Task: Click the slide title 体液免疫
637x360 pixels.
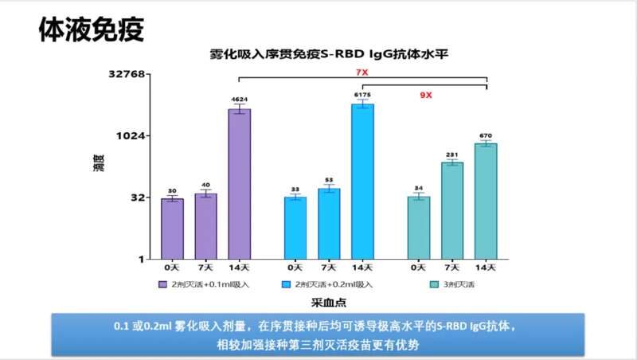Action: point(91,29)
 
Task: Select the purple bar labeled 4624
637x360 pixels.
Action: point(239,183)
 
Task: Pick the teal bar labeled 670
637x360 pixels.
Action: point(486,201)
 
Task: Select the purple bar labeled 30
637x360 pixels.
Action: point(172,229)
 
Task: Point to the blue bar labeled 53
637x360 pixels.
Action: point(329,223)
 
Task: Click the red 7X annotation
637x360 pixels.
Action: point(361,72)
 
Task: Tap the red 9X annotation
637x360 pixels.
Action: point(427,96)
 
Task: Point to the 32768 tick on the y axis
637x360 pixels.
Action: point(127,74)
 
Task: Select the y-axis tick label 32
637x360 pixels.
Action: point(136,198)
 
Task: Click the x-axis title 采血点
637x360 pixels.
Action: point(327,303)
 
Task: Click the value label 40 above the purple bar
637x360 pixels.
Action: point(205,185)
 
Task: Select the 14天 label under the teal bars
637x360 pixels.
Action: point(486,266)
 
